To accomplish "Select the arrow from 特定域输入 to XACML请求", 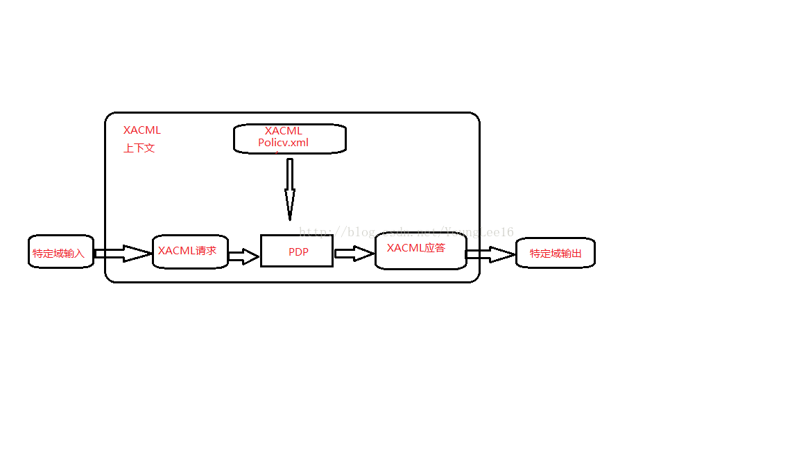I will click(123, 254).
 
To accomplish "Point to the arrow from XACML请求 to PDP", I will click(243, 257).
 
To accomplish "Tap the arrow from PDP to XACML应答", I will click(354, 254).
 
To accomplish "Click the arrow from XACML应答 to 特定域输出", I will click(490, 254).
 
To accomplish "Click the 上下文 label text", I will click(139, 148).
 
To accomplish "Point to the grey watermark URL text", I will click(406, 232).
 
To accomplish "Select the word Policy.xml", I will click(283, 143).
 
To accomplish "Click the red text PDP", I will click(298, 252).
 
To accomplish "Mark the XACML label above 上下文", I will click(142, 130).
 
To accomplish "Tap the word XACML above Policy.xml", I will click(283, 131).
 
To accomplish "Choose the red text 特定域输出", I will click(556, 254).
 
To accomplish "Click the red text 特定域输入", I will click(58, 254).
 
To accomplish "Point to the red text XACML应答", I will click(416, 248).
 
